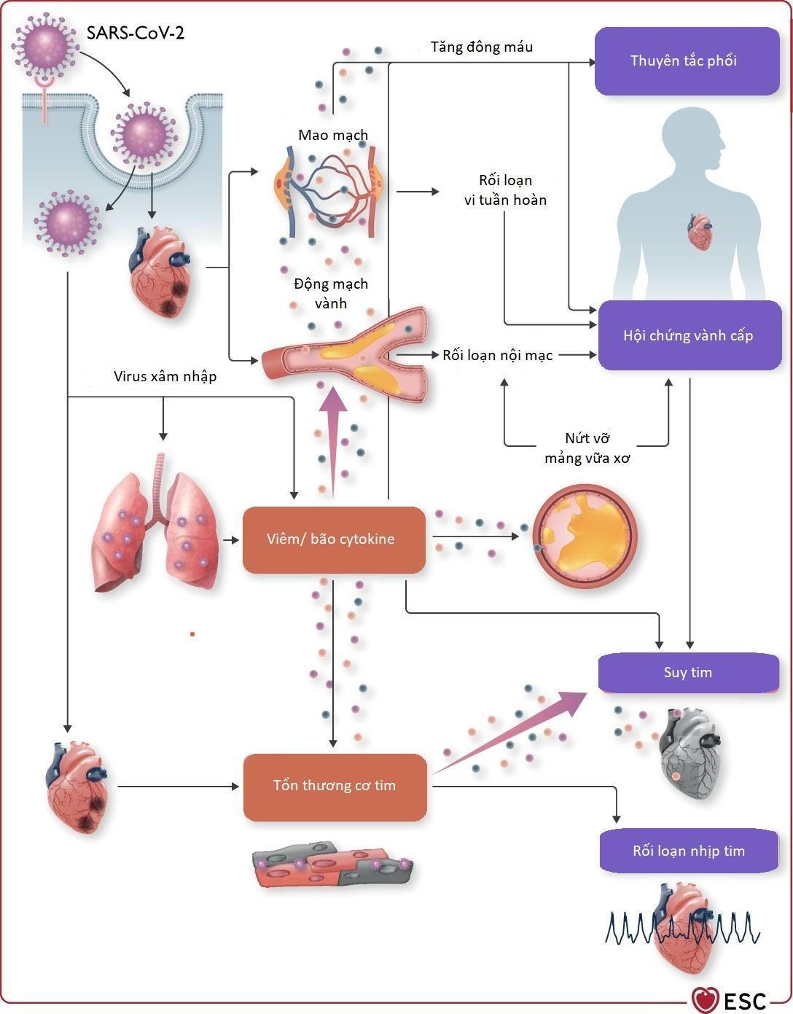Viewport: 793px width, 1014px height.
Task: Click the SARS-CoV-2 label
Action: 136,33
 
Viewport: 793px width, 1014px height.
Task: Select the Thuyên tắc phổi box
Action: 687,61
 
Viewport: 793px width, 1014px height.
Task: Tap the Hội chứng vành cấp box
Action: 689,336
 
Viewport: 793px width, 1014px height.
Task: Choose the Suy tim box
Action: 688,672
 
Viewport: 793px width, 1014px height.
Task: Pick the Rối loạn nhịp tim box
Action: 689,851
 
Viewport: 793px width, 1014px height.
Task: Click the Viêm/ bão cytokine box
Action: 334,539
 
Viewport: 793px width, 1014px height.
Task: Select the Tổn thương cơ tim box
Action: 335,786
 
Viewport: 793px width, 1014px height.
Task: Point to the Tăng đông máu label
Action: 482,47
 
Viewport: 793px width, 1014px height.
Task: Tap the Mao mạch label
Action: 333,135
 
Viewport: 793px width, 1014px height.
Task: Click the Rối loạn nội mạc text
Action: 498,356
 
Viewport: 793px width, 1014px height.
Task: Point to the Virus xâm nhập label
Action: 165,377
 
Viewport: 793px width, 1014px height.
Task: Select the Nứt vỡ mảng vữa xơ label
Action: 587,448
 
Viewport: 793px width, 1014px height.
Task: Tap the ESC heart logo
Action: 705,999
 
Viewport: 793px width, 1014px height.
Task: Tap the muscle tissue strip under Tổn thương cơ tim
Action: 332,865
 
